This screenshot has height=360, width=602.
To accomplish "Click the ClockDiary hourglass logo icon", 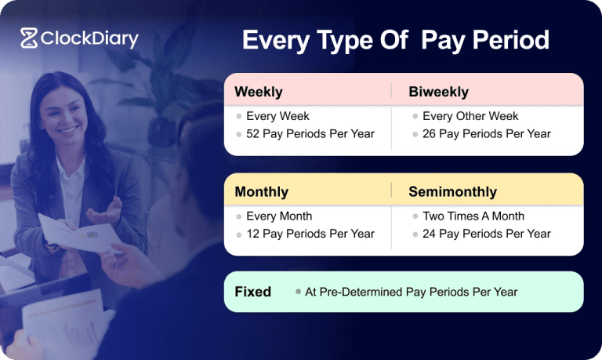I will pyautogui.click(x=29, y=38).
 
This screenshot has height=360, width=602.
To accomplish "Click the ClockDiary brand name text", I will pyautogui.click(x=89, y=38).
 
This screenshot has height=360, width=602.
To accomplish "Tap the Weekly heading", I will pyautogui.click(x=259, y=92).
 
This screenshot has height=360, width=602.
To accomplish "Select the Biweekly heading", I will pyautogui.click(x=438, y=92).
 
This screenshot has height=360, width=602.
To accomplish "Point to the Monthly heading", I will pyautogui.click(x=262, y=192).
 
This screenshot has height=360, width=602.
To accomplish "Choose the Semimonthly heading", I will pyautogui.click(x=452, y=192).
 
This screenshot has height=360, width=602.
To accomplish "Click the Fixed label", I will pyautogui.click(x=252, y=292).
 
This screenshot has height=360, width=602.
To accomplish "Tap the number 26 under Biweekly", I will pyautogui.click(x=430, y=134).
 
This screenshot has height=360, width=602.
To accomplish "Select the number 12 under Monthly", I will pyautogui.click(x=252, y=234).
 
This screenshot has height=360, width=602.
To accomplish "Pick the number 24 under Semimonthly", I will pyautogui.click(x=430, y=234).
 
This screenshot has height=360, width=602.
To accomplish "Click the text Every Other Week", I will pyautogui.click(x=470, y=116).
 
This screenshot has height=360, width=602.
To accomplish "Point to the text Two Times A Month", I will pyautogui.click(x=473, y=216).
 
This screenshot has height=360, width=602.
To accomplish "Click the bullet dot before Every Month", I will pyautogui.click(x=239, y=216).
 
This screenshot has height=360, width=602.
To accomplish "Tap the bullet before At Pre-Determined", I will pyautogui.click(x=298, y=292).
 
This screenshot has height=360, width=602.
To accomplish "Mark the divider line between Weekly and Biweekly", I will pyautogui.click(x=391, y=91).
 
